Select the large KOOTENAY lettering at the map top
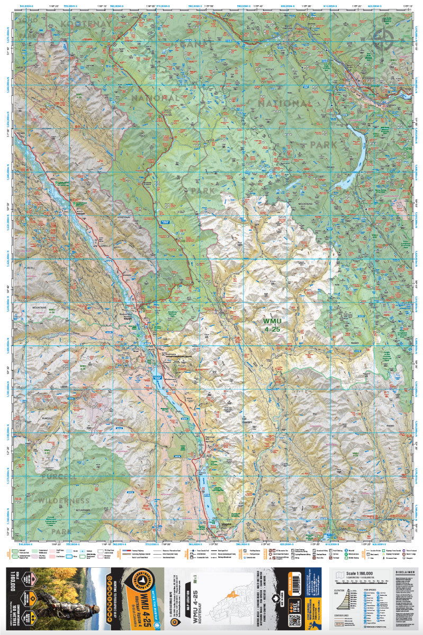coord(87,24)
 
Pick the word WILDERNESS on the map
coord(64,501)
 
